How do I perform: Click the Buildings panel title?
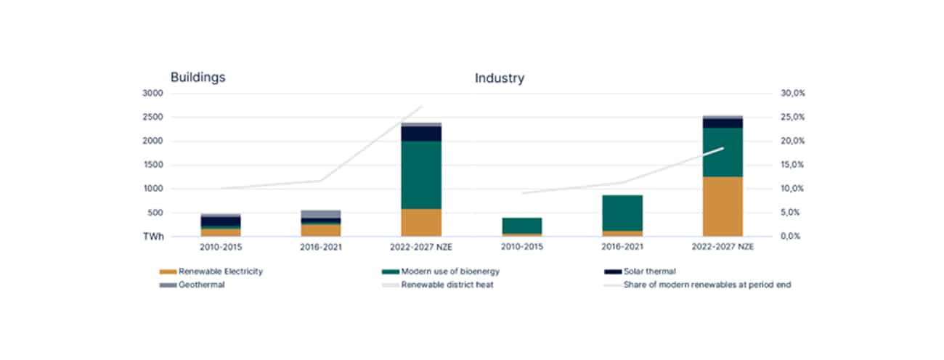(198, 78)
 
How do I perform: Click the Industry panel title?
(500, 78)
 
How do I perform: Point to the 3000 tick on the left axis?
(152, 94)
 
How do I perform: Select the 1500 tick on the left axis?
(152, 165)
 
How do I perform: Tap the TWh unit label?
(152, 237)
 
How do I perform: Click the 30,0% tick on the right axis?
(792, 94)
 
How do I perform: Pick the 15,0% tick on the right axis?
(792, 165)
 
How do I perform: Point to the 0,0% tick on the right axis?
(792, 237)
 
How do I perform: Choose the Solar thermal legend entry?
(649, 271)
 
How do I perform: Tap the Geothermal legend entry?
(198, 285)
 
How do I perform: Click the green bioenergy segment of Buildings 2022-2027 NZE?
(421, 175)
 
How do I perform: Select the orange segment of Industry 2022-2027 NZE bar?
(723, 206)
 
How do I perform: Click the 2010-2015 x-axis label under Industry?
(521, 247)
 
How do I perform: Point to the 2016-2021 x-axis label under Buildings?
(320, 247)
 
